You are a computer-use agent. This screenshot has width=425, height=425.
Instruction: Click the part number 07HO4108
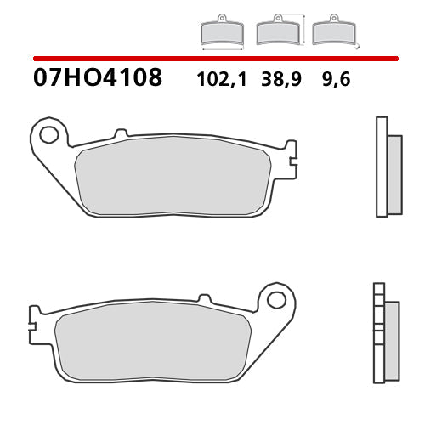tap(98, 79)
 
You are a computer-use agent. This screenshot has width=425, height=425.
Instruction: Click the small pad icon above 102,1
tap(221, 31)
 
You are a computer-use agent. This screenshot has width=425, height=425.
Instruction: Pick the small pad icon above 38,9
tap(276, 31)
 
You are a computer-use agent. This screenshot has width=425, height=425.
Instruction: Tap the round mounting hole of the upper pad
tap(49, 134)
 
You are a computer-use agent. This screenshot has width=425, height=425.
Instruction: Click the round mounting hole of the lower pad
tap(275, 299)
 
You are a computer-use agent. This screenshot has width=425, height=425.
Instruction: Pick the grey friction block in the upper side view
tap(394, 174)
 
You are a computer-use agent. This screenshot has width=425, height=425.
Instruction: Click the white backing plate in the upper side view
tap(382, 167)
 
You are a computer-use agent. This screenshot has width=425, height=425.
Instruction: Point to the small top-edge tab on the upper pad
tap(120, 133)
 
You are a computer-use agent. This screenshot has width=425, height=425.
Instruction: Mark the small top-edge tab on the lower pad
tap(203, 298)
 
